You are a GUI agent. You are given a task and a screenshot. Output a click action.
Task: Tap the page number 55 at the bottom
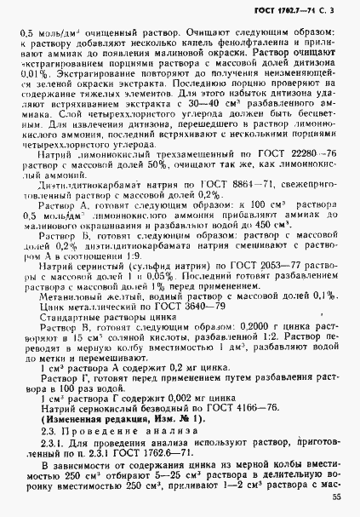(x=337, y=497)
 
